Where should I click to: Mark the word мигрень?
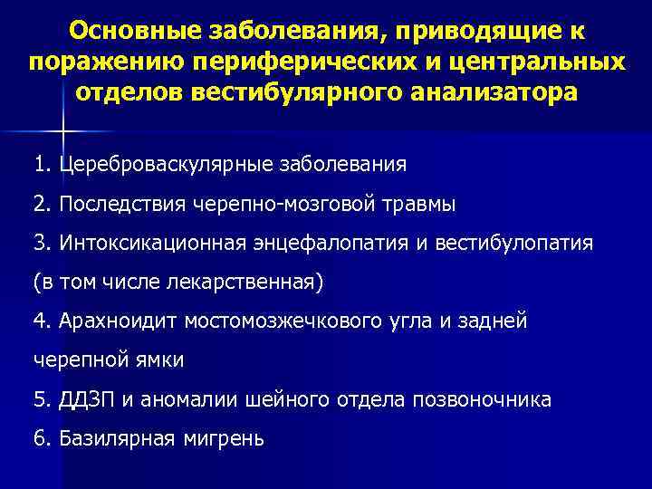click(227, 439)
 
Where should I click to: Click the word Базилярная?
click(116, 439)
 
